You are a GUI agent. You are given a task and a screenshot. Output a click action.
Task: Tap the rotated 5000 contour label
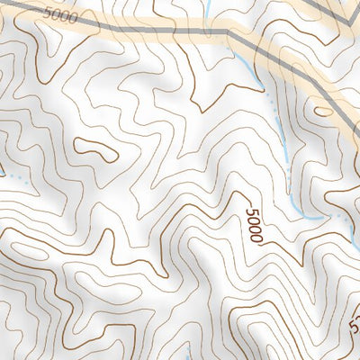(253, 225)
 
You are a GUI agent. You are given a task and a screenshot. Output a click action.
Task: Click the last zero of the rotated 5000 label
(256, 238)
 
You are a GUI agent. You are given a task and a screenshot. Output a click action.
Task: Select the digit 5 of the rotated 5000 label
(249, 211)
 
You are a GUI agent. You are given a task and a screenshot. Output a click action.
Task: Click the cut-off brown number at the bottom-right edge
(355, 319)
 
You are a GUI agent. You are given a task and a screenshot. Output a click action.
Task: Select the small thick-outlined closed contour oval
(95, 149)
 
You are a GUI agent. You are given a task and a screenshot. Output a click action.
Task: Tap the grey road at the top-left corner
(9, 6)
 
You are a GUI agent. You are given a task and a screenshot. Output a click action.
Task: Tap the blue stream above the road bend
(208, 12)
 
